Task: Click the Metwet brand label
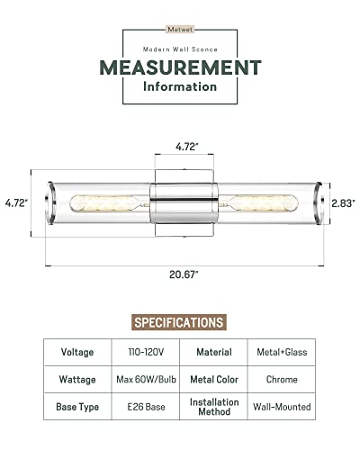[180, 29]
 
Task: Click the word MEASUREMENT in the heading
[180, 67]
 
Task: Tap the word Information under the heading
[180, 86]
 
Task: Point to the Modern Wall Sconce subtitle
[180, 49]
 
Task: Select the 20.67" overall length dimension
[184, 274]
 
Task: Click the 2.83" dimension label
[343, 203]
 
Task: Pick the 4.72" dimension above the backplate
[187, 147]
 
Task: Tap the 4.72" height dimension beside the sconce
[16, 203]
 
